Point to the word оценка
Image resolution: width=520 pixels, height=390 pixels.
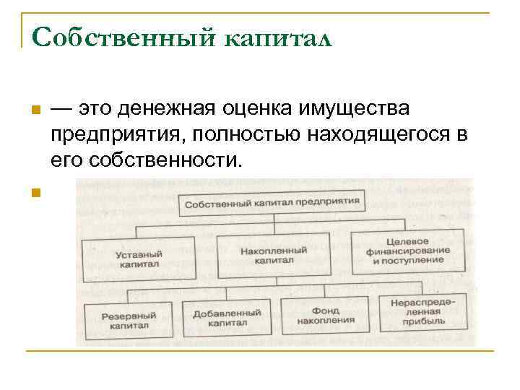coord(253,109)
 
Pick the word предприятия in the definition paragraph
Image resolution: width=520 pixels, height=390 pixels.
coord(108,134)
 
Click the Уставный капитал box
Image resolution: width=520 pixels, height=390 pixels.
coord(139,259)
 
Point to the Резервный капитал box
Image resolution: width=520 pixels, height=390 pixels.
coord(129,320)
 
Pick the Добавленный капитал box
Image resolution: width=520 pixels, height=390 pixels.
coord(227,318)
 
